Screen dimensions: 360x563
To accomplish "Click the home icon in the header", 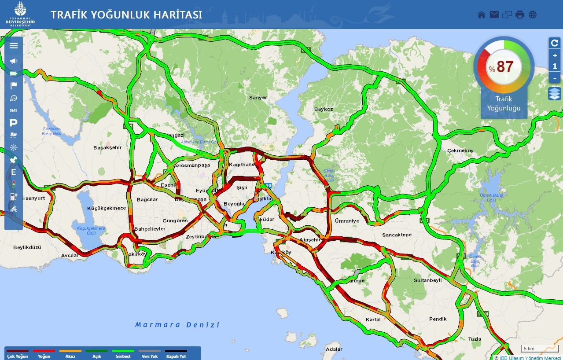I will pos(482,15).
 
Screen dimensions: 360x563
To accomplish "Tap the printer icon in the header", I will pos(520,15).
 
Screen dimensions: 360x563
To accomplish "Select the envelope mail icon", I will pos(494,15).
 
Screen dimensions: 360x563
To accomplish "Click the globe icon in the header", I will pos(533,15).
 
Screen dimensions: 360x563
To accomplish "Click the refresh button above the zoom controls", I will pos(555,43).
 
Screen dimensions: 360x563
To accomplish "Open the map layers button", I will pos(555,93).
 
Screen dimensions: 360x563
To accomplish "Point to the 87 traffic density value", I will pos(505,67).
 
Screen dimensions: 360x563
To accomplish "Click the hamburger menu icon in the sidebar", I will pos(14,45).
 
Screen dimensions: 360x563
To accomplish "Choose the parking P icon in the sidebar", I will pos(14,123).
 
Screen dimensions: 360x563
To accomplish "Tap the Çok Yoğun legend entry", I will pos(17,354).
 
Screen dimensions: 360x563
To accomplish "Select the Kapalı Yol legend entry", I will pos(176,354).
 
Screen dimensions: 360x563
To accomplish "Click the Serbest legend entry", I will pos(123,354).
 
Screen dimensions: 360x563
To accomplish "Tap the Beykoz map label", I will pos(324,109).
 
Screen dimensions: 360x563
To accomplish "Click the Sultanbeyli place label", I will pos(427,280).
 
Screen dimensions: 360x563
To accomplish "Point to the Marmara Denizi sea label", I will pos(177,325).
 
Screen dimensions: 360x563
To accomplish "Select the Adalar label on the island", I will pos(333,349).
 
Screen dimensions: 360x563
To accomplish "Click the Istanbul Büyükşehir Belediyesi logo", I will pos(18,14).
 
